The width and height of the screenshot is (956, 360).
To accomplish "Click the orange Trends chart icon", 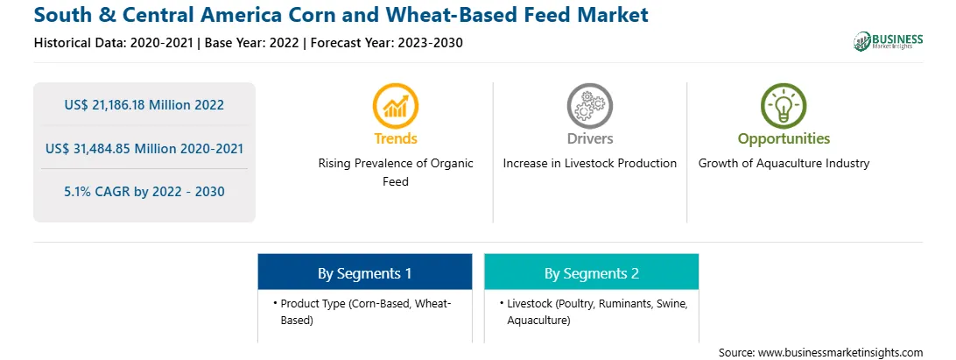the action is click(395, 106).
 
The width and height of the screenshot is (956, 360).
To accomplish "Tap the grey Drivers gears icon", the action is click(589, 106).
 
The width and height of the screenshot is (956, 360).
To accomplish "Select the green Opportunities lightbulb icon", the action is click(784, 106).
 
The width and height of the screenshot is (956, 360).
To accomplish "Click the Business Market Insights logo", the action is click(889, 41).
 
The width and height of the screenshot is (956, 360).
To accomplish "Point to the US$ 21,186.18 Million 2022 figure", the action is click(144, 105).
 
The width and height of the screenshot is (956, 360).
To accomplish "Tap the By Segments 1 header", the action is click(364, 272).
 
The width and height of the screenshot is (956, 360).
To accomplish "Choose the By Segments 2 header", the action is click(592, 272).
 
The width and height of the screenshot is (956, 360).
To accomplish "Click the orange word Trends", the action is click(396, 138).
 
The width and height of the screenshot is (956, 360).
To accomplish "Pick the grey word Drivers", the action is click(589, 138).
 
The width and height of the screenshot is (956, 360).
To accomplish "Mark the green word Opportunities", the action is click(784, 138).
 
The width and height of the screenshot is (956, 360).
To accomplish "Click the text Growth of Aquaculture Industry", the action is click(784, 164).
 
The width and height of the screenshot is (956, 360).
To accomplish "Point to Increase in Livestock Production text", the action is click(589, 164).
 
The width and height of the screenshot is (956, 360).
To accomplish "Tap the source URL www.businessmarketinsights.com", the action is click(840, 353).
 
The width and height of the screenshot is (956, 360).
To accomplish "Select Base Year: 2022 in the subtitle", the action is click(252, 43).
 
